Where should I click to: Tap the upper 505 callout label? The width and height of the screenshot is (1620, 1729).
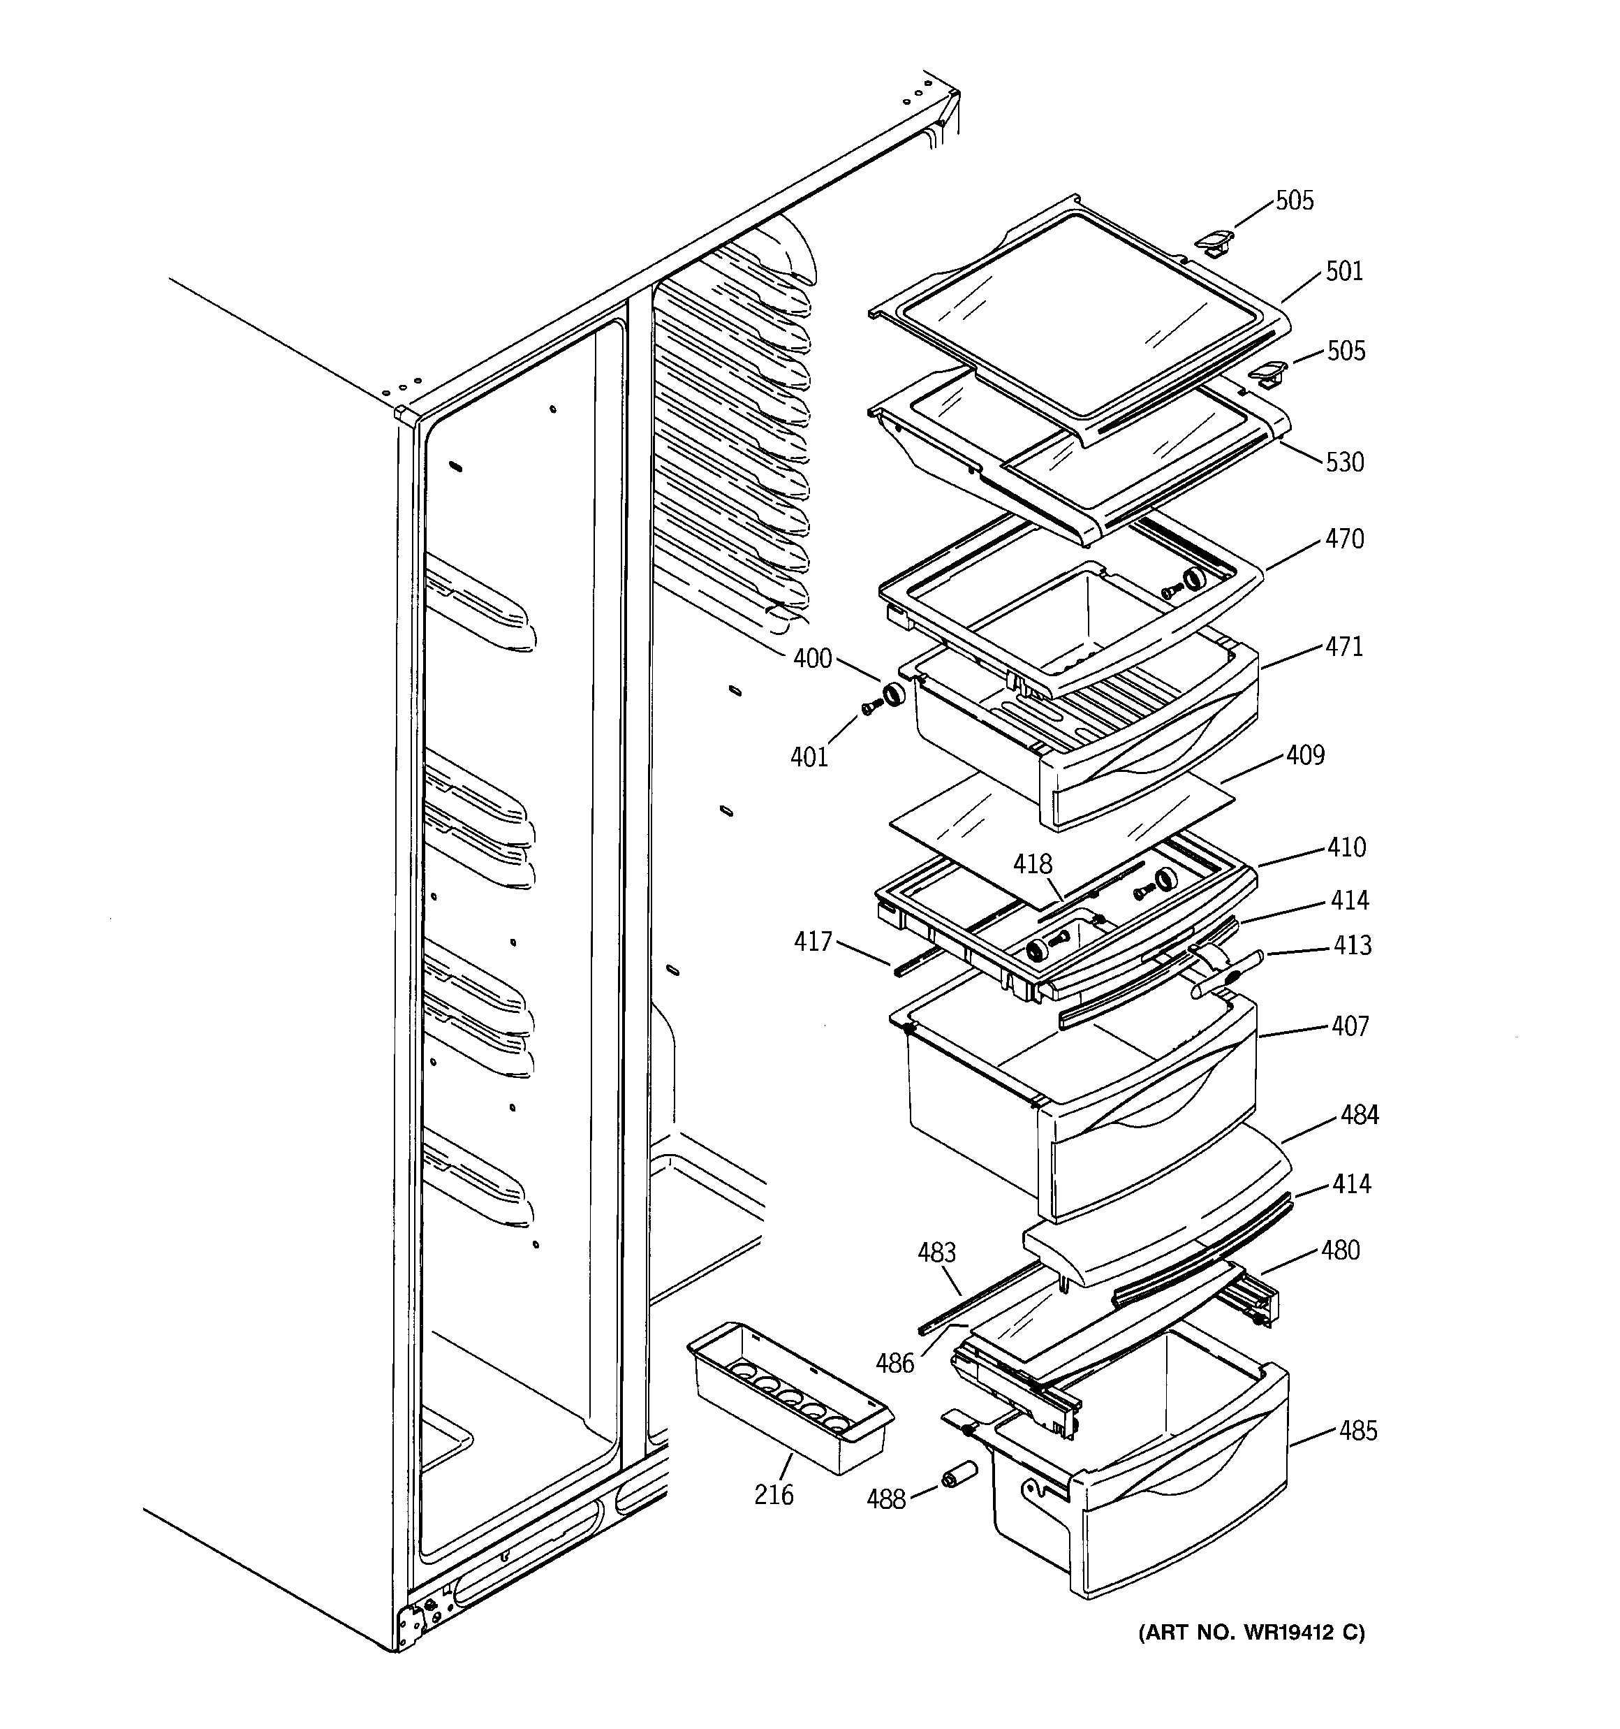tap(1294, 201)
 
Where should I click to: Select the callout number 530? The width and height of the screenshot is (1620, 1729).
tap(1344, 462)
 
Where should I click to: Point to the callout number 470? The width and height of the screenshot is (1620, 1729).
tap(1344, 539)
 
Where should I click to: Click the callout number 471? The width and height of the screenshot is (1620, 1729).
tap(1344, 647)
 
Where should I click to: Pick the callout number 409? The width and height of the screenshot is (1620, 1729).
tap(1305, 755)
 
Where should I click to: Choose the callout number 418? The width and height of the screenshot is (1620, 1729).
tap(1032, 865)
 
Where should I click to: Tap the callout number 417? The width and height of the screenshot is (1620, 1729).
tap(813, 942)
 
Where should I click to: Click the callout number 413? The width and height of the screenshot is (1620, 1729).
tap(1352, 945)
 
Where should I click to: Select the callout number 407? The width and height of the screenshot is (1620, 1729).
tap(1350, 1026)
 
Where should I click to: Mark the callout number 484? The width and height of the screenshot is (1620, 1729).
tap(1359, 1115)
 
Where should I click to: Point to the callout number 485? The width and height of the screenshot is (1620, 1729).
tap(1358, 1431)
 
